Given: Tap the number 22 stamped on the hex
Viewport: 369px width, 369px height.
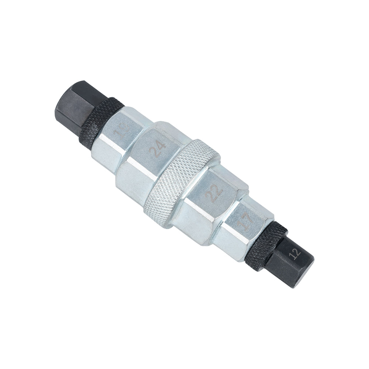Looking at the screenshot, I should click(215, 190).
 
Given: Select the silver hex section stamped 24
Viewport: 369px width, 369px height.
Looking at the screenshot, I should click(148, 155).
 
